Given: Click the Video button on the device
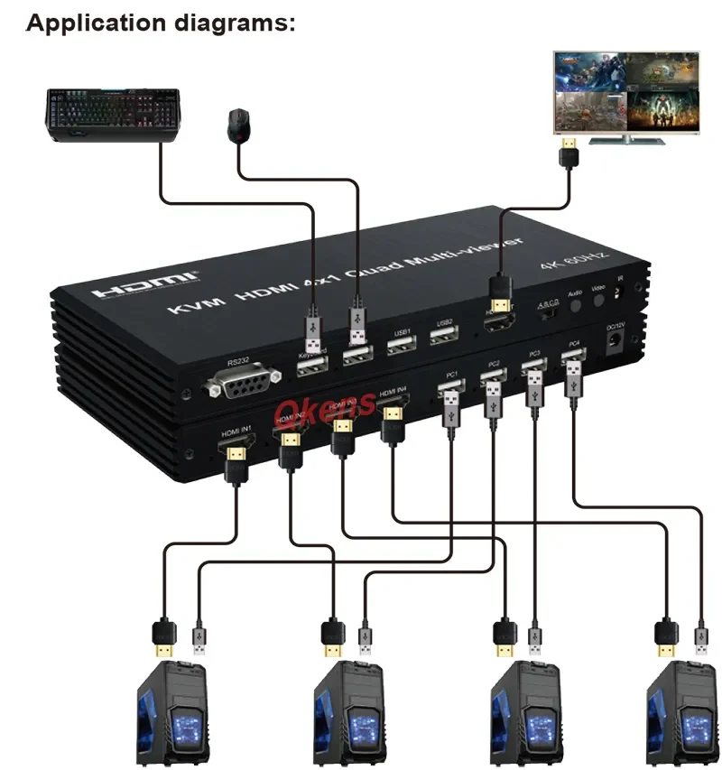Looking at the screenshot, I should coord(598,301).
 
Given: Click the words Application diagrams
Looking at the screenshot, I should coord(161,23).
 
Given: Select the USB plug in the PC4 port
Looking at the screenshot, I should coord(571,380).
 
